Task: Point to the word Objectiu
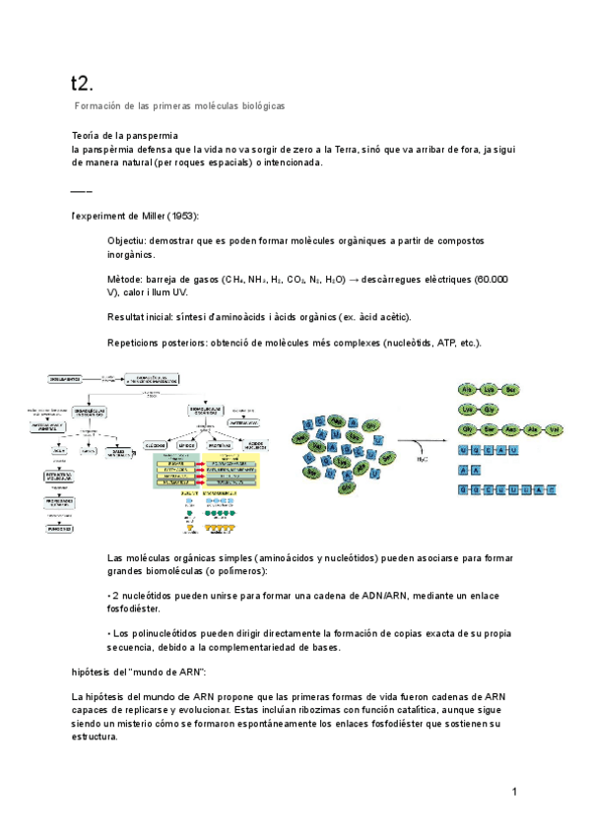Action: [x=128, y=241]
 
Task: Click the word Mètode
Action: [x=125, y=280]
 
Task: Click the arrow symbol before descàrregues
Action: [x=354, y=280]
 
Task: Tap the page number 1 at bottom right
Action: [x=514, y=792]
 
